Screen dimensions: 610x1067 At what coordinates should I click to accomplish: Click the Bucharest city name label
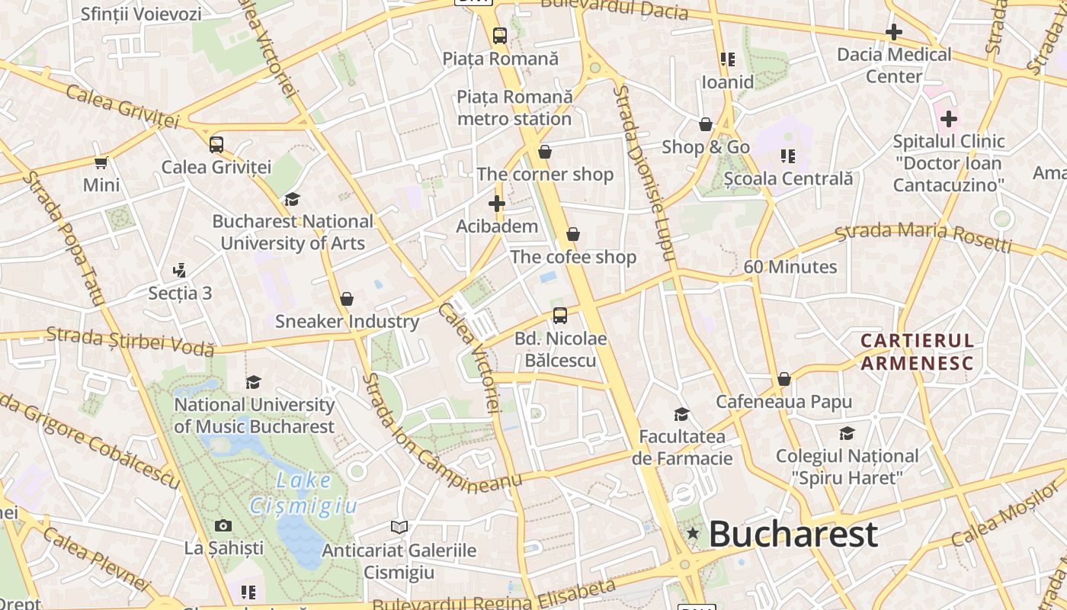(793, 535)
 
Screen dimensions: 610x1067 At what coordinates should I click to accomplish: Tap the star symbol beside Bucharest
(692, 534)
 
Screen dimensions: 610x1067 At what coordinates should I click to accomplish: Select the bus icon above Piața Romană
(499, 35)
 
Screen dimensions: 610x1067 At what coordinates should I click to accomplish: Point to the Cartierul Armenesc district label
(918, 352)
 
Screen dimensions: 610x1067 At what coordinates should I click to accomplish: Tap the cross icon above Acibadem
(497, 204)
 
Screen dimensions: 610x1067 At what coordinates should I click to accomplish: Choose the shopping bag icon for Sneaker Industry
(347, 299)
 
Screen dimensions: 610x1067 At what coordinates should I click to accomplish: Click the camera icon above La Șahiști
(223, 525)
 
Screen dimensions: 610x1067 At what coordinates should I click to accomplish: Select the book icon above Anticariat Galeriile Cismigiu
(399, 527)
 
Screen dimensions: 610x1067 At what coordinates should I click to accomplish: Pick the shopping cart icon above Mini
(101, 162)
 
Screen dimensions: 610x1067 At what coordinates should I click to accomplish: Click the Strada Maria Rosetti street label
(924, 236)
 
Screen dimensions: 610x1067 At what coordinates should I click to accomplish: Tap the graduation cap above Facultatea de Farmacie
(681, 414)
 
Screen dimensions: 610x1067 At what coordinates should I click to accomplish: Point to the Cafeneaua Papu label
(783, 401)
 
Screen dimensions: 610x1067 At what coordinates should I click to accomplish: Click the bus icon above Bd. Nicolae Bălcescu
(560, 315)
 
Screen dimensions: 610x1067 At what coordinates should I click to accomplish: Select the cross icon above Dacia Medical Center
(894, 32)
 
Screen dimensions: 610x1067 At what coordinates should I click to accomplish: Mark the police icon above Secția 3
(180, 270)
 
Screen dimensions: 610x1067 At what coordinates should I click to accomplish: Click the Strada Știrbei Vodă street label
(130, 341)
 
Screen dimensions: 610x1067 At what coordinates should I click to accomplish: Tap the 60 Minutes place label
(790, 267)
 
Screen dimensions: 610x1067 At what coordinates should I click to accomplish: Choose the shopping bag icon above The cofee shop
(573, 234)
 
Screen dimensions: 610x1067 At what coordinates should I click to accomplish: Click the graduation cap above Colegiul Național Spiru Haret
(847, 434)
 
